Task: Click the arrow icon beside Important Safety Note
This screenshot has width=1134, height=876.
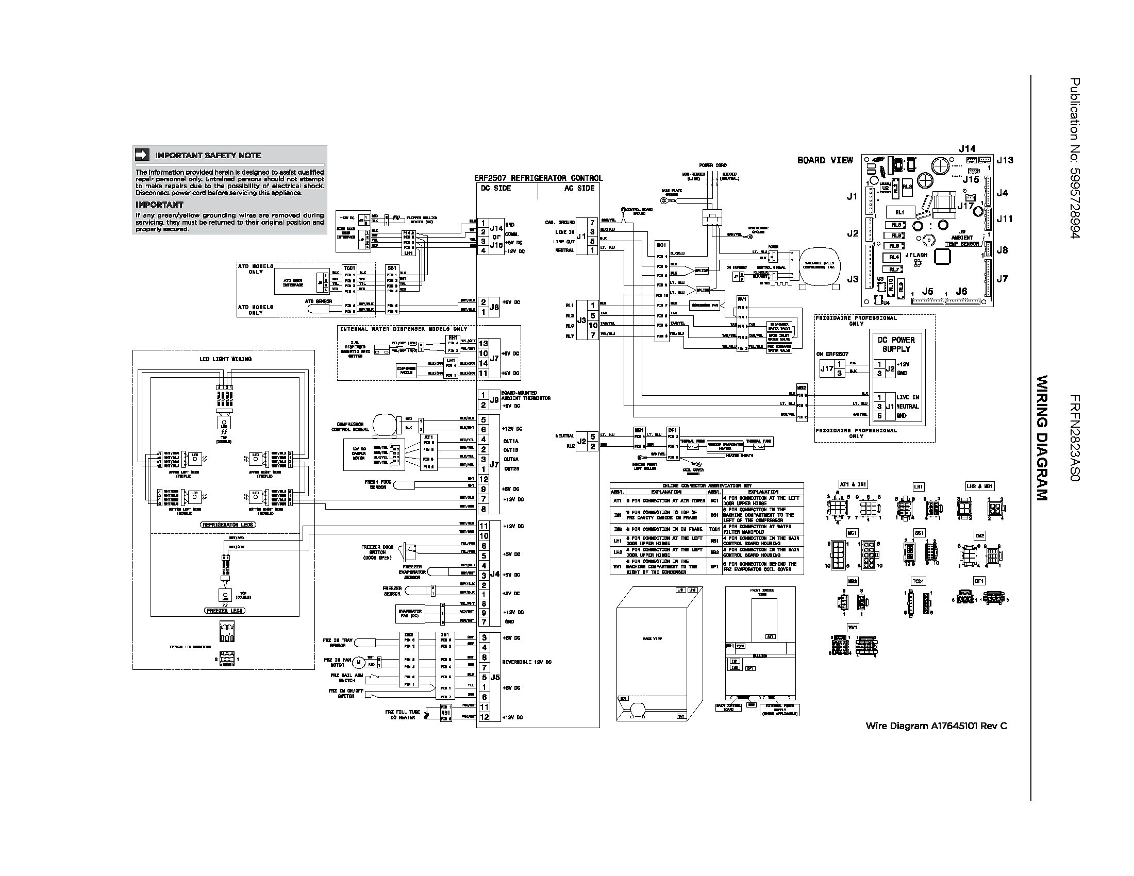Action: coord(142,155)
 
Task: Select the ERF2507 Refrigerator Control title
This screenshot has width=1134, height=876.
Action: coord(539,178)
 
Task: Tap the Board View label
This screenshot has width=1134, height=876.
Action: coord(825,160)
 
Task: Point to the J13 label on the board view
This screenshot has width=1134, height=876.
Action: coord(1005,160)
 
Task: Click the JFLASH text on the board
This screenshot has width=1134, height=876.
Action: coord(916,255)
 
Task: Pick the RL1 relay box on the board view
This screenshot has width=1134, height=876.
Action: coord(900,212)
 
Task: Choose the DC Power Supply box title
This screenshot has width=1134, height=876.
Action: coord(896,345)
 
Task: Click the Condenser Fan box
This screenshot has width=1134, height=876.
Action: coord(705,305)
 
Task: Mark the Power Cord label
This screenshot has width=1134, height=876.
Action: coord(712,165)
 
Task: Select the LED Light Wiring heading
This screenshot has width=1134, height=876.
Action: coord(225,359)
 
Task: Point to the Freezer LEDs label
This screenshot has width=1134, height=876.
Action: coord(225,611)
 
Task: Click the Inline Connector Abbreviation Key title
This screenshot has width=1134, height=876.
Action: coord(706,486)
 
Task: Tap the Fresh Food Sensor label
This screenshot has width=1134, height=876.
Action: coord(378,485)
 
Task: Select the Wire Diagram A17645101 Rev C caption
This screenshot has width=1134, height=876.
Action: coord(936,726)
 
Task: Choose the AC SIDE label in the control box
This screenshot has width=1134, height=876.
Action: coord(579,189)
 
